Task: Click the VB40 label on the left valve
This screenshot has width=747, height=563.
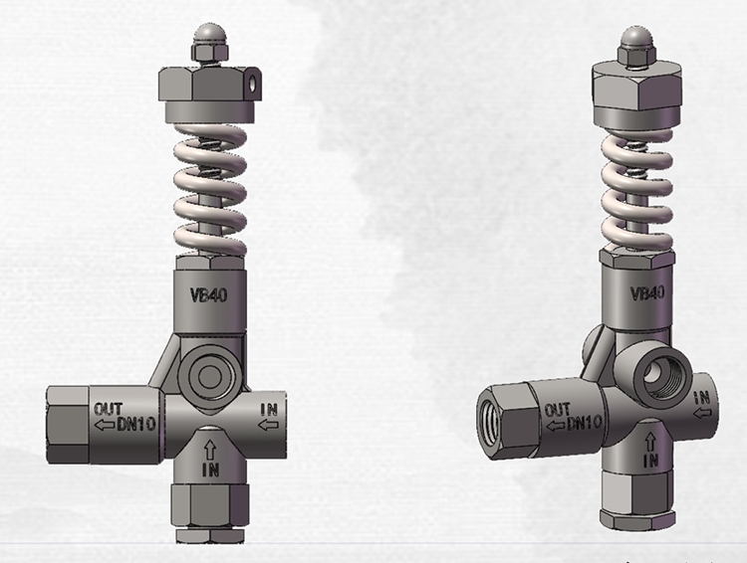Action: (209, 294)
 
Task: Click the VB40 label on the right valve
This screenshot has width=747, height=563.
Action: (648, 294)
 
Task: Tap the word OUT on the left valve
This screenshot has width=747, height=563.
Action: (109, 408)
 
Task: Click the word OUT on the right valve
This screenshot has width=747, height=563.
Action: (558, 409)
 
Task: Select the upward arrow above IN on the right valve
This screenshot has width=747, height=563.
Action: (648, 439)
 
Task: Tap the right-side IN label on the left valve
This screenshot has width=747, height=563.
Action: (269, 407)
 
